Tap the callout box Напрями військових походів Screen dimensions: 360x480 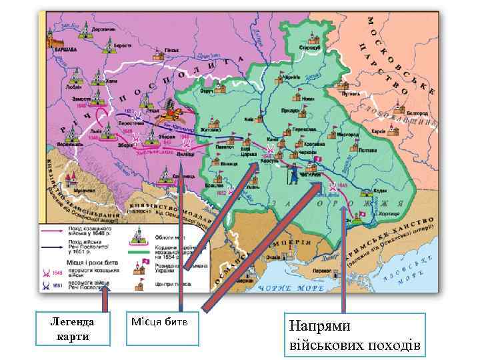(x=353, y=335)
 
